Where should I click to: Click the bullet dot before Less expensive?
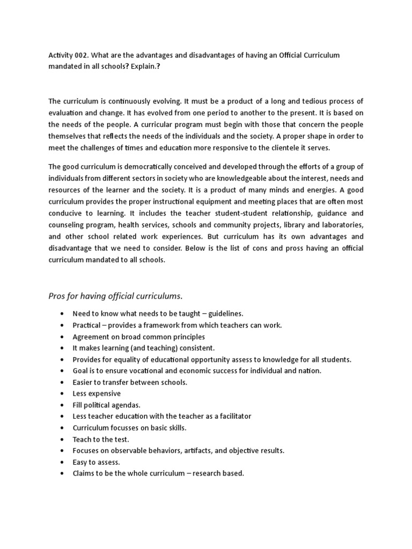coord(63,394)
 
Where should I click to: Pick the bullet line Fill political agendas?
coord(106,405)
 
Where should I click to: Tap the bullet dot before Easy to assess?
coord(63,463)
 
